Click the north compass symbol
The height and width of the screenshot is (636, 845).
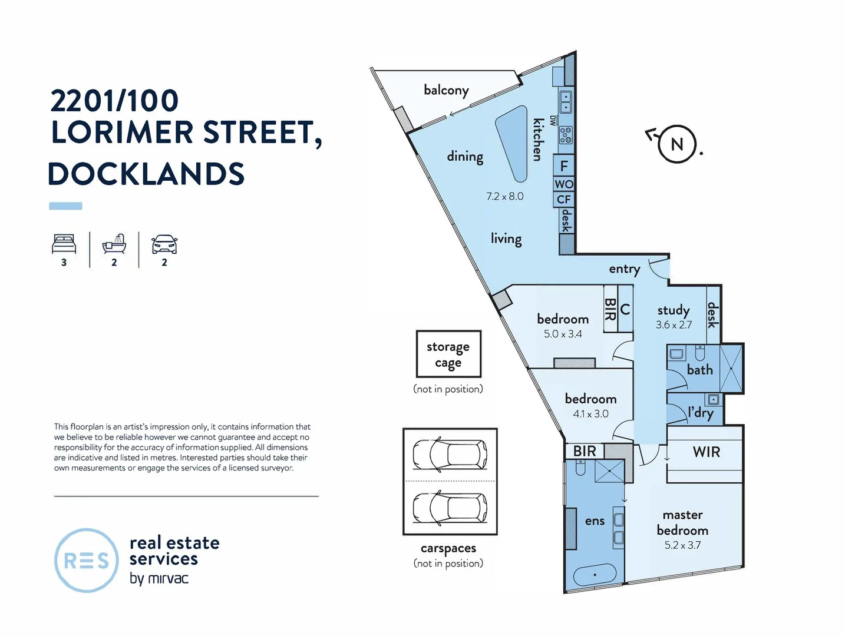pyautogui.click(x=676, y=144)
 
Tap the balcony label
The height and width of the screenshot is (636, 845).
pyautogui.click(x=446, y=90)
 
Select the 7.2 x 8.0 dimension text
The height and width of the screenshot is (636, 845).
pyautogui.click(x=504, y=196)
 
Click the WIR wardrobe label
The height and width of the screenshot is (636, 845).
pyautogui.click(x=706, y=452)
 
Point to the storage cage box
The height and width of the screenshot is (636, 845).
pyautogui.click(x=448, y=354)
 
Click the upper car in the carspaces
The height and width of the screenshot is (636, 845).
pyautogui.click(x=450, y=454)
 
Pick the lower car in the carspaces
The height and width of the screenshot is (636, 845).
pyautogui.click(x=450, y=507)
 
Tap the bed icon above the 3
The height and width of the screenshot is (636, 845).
pyautogui.click(x=64, y=243)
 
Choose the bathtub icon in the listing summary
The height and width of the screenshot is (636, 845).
pyautogui.click(x=114, y=243)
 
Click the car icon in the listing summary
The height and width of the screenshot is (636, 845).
pyautogui.click(x=164, y=244)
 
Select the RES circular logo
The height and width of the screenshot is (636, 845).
pyautogui.click(x=87, y=560)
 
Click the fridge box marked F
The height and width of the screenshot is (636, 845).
pyautogui.click(x=564, y=166)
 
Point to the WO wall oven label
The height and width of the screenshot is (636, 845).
pyautogui.click(x=564, y=184)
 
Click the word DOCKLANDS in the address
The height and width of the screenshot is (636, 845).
pyautogui.click(x=146, y=174)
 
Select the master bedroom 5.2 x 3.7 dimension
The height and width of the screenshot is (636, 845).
pyautogui.click(x=682, y=545)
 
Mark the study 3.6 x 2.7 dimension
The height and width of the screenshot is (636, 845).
pyautogui.click(x=674, y=324)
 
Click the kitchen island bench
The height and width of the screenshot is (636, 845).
pyautogui.click(x=512, y=143)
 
